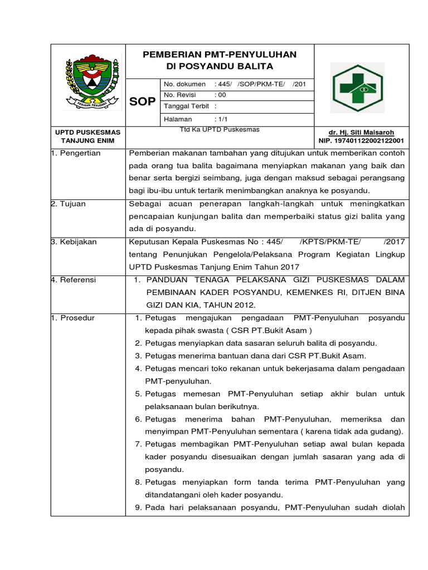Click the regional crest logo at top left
(x=89, y=81)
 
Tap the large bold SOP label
(x=143, y=101)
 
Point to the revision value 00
(x=220, y=95)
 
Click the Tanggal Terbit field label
(x=183, y=106)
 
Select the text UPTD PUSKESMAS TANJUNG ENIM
(x=88, y=136)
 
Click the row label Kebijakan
(x=76, y=242)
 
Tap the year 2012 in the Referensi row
(x=242, y=305)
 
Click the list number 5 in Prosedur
(x=138, y=394)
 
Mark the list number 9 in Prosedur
(x=138, y=507)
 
